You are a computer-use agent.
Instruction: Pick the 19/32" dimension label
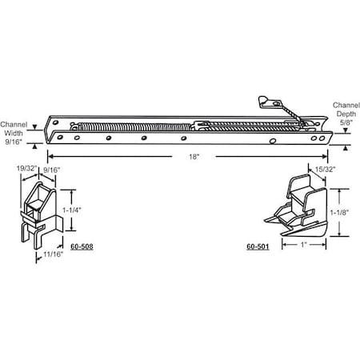coord(26,170)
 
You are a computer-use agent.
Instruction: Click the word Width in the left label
coord(14,133)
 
